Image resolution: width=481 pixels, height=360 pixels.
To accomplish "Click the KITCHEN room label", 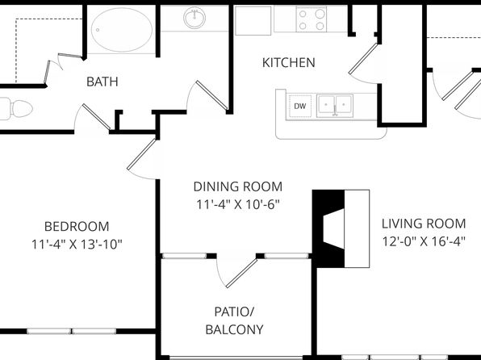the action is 289,63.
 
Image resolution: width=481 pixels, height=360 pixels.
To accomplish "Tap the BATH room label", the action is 102,82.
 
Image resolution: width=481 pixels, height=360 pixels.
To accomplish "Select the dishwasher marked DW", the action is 299,107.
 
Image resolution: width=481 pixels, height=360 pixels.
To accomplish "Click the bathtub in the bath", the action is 122,30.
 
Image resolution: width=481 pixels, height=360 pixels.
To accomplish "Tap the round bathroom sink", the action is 194,18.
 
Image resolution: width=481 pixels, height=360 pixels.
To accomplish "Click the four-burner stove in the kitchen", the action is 311,19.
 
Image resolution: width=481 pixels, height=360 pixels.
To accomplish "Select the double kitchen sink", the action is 335,106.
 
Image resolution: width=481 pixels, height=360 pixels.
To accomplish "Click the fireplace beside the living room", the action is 341,228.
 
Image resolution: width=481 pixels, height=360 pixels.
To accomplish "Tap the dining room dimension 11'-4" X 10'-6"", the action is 238,204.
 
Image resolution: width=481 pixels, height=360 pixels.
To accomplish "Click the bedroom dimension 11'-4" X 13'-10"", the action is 77,245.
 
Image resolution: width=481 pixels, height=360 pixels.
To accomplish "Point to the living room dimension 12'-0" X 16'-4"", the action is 424,241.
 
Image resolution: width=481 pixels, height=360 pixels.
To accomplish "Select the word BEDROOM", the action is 77,227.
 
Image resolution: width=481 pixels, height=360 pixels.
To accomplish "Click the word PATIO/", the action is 234,312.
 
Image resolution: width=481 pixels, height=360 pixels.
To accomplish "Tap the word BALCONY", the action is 234,329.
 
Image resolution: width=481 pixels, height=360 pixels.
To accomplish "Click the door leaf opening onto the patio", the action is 241,274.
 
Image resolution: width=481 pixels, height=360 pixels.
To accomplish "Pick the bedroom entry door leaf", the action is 141,154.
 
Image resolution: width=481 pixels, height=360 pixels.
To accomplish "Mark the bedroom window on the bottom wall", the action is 72,331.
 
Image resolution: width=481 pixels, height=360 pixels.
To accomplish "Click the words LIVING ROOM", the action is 424,224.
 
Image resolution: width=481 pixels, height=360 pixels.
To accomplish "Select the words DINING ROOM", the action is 238,186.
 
